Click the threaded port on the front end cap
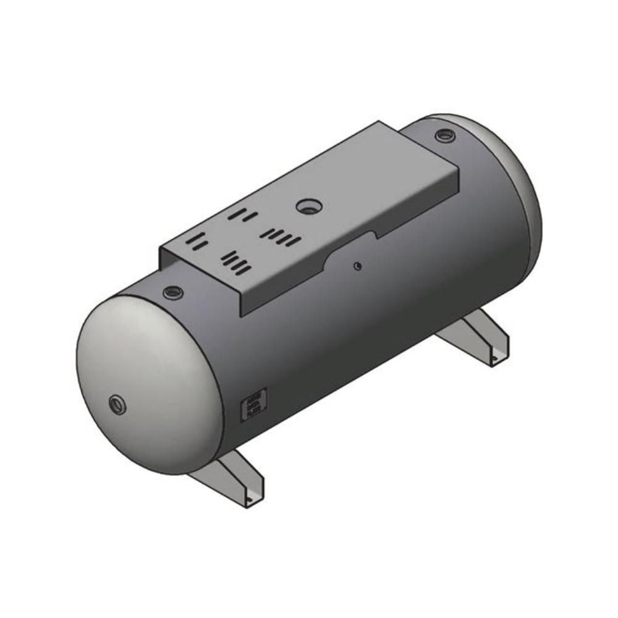(x=117, y=405)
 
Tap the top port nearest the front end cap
(x=173, y=292)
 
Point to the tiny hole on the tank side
(x=357, y=266)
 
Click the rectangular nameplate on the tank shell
(x=253, y=404)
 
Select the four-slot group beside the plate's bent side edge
(x=236, y=261)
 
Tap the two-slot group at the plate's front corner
(x=197, y=243)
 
